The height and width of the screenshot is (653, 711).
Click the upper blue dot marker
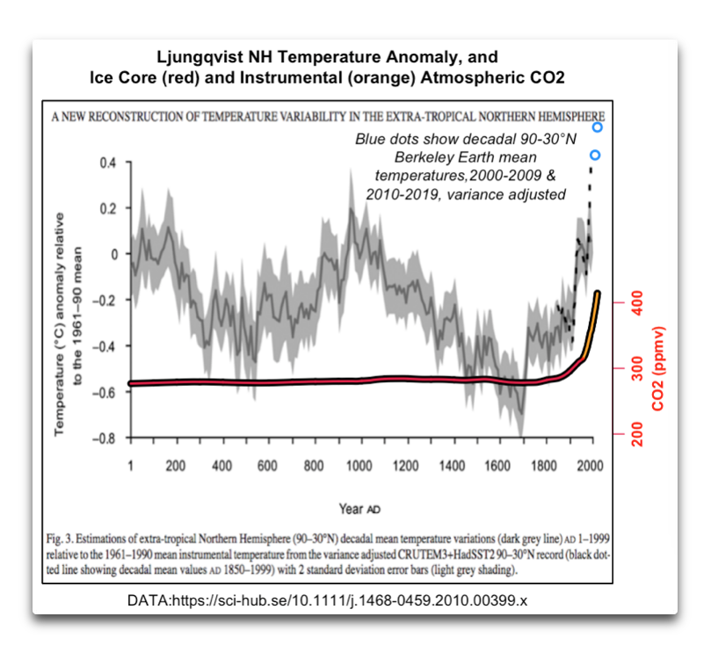[598, 127]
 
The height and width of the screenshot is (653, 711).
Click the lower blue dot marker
[595, 156]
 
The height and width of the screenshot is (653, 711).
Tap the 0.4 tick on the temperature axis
[106, 163]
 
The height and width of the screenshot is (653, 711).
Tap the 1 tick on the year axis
[130, 466]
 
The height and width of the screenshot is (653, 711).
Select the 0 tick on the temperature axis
[113, 254]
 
